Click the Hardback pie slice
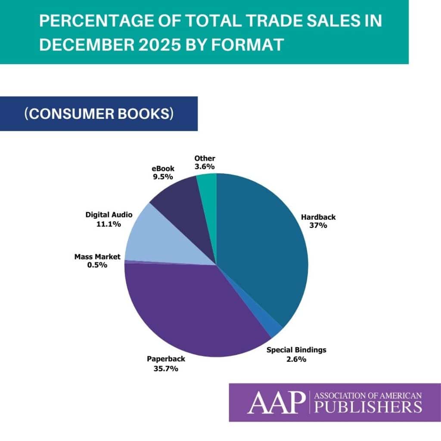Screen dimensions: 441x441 (x=263, y=250)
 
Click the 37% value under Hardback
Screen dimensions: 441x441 (x=319, y=225)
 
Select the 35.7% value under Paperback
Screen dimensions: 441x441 (x=162, y=369)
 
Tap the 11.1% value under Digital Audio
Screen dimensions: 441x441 (x=109, y=224)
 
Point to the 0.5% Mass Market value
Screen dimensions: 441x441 (x=97, y=265)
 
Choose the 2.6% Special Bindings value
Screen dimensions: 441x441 (x=296, y=358)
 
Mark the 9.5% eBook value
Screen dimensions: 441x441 (x=163, y=177)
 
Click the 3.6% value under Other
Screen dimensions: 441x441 (x=205, y=166)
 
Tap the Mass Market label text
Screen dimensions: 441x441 (x=97, y=257)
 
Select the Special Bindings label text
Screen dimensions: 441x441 (x=296, y=350)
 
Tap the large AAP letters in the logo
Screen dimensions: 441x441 (x=276, y=402)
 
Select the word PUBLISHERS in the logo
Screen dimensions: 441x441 (x=368, y=407)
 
